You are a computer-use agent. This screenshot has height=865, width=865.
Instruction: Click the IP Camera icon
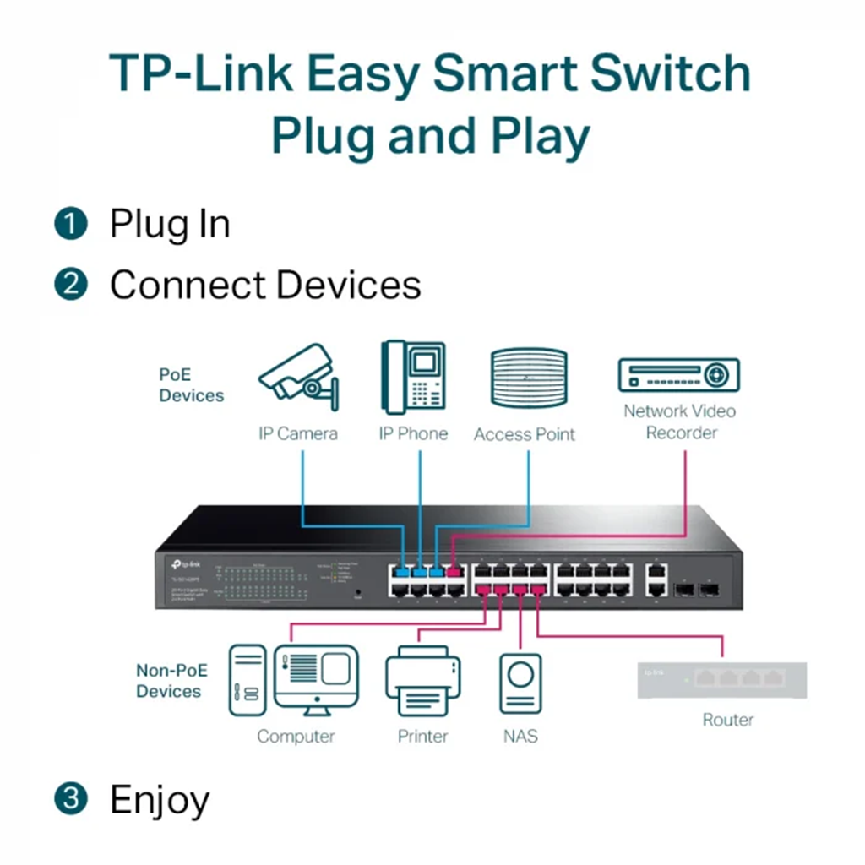(299, 376)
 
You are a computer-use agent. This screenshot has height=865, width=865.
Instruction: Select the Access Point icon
(528, 378)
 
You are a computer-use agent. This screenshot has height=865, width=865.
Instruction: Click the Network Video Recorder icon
(678, 374)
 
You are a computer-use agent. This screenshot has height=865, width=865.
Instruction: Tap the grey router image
(722, 680)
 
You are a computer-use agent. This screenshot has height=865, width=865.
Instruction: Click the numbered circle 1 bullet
(71, 225)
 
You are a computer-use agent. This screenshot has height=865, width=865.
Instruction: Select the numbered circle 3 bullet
(71, 798)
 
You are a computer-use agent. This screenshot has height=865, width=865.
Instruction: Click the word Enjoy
(160, 799)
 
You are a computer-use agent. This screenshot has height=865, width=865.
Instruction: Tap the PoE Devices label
(191, 384)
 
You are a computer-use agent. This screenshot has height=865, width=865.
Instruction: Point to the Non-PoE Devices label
(171, 681)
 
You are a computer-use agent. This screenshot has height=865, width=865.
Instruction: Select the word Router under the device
(727, 720)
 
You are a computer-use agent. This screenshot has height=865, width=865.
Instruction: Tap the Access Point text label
(524, 434)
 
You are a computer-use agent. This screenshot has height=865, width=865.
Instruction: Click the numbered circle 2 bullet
(71, 284)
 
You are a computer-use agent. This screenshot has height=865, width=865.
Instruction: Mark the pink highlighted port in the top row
(454, 572)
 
